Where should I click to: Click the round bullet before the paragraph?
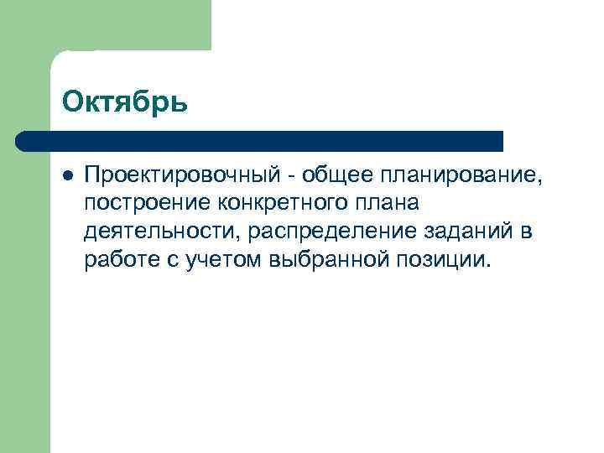click(68, 175)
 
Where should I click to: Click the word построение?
click(148, 203)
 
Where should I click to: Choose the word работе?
click(119, 258)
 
